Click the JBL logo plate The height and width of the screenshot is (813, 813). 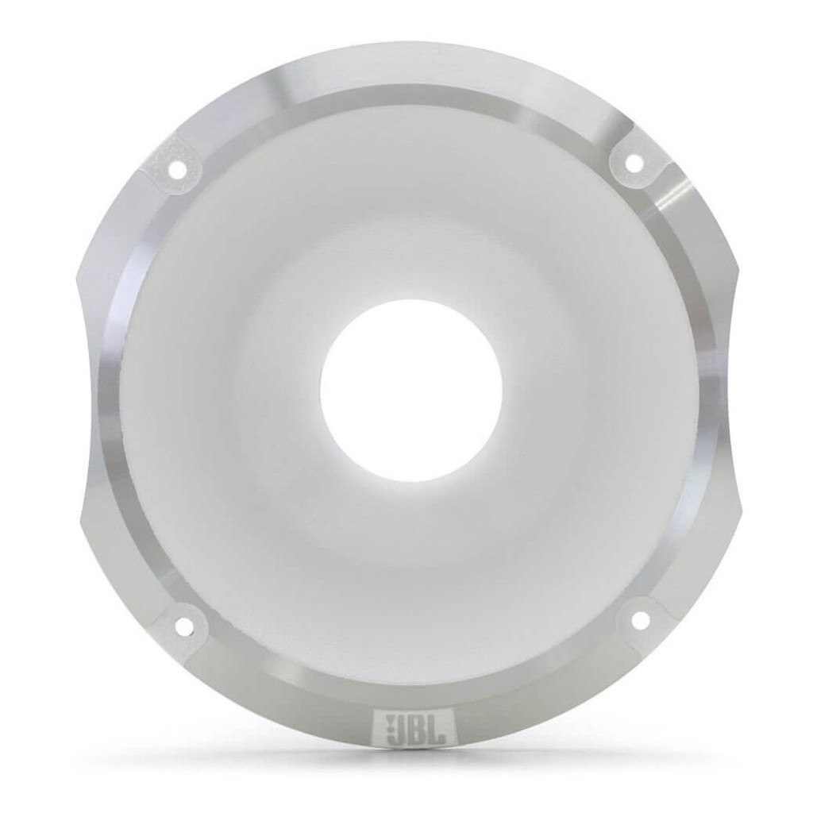[413, 730]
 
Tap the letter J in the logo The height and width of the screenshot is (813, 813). [401, 730]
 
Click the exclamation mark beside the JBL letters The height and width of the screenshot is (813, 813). [387, 730]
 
